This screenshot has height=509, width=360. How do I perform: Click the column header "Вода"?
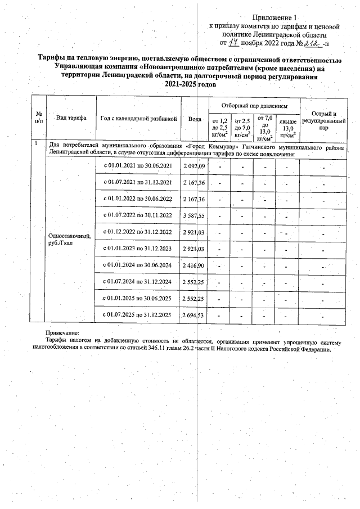click(x=194, y=119)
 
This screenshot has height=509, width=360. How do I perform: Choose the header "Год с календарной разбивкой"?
click(x=139, y=119)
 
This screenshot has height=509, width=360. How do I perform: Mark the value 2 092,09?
click(x=194, y=167)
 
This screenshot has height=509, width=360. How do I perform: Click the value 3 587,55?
click(x=194, y=215)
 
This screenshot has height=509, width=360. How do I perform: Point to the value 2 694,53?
click(x=194, y=314)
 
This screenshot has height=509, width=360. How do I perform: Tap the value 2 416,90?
click(x=194, y=265)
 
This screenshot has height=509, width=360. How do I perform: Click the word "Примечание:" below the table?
click(x=62, y=334)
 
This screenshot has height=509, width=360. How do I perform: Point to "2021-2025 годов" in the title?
click(x=190, y=84)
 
